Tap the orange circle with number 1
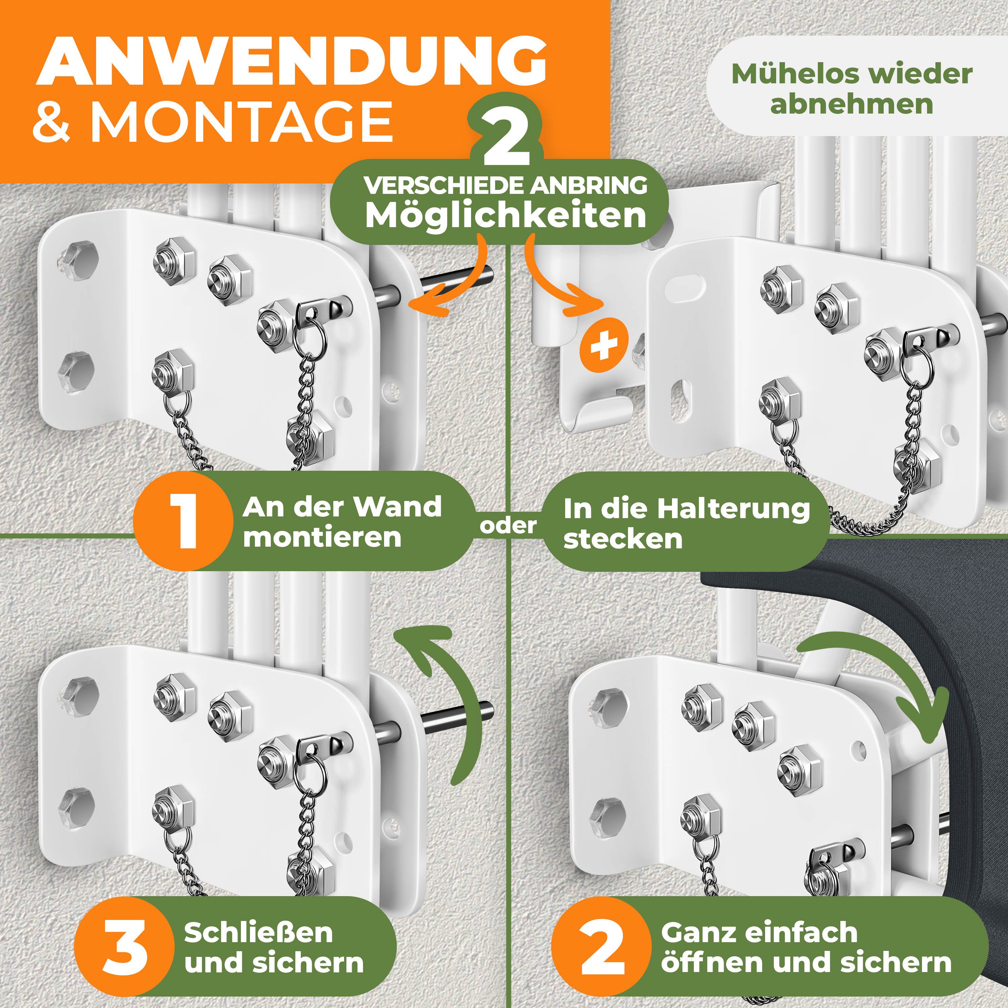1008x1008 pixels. pos(182,521)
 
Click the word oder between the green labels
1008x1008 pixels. pos(508,526)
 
